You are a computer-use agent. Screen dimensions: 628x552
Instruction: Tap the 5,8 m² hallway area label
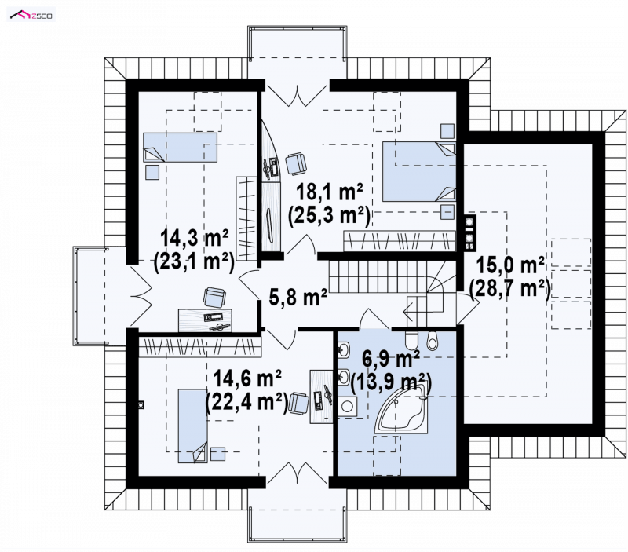298,298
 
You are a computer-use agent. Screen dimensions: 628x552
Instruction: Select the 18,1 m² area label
329,192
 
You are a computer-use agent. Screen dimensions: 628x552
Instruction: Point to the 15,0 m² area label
509,265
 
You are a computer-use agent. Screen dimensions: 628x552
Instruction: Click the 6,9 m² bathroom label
390,358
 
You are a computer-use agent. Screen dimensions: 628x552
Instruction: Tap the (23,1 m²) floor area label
194,262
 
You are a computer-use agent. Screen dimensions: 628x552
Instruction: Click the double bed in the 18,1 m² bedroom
419,171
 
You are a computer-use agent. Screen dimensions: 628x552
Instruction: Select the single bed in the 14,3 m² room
181,148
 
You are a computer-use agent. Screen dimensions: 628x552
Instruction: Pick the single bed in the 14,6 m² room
192,426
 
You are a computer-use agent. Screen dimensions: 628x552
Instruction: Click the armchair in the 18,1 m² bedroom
296,163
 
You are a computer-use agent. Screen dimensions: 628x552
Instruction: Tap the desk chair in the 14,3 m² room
214,298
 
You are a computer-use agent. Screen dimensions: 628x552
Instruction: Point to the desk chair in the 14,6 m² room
299,403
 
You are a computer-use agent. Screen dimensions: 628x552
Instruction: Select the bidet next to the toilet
433,340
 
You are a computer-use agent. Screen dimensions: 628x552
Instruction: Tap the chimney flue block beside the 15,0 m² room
469,233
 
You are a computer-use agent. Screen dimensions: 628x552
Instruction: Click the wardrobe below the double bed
400,241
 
